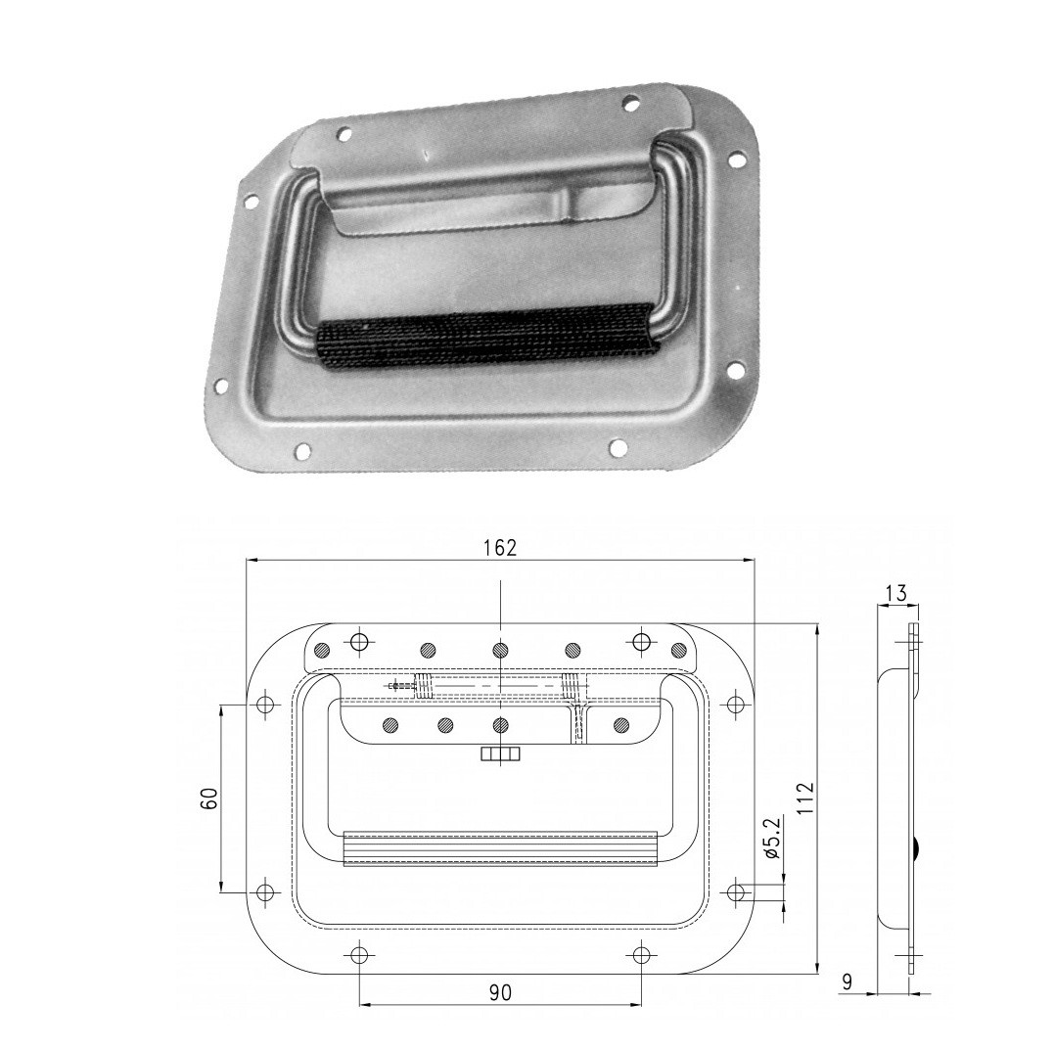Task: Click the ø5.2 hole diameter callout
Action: click(x=771, y=839)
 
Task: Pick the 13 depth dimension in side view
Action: click(x=896, y=594)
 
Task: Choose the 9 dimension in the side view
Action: click(x=847, y=981)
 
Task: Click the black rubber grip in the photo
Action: click(x=485, y=334)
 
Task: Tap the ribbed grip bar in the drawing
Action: click(x=500, y=848)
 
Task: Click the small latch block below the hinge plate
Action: click(x=500, y=754)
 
